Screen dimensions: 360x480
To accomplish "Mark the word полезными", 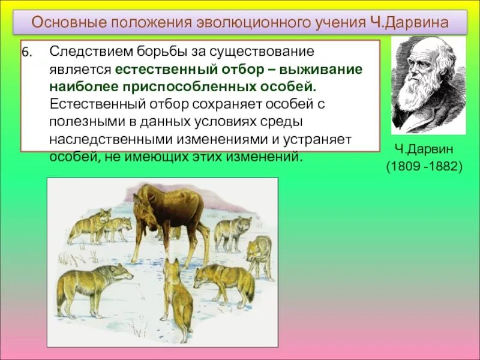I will click(79, 121).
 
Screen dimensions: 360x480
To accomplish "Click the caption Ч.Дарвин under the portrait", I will click(424, 148).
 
